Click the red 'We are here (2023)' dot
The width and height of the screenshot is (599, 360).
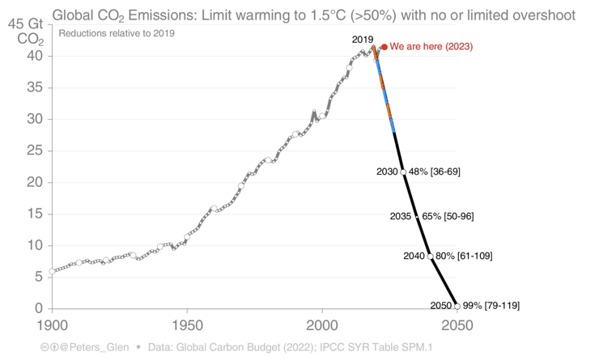tap(384, 47)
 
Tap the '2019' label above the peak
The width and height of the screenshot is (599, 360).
tap(363, 39)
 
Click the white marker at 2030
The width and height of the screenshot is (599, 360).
tap(403, 172)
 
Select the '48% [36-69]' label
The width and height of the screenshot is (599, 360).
tap(435, 172)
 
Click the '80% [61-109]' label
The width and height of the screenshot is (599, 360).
tap(464, 256)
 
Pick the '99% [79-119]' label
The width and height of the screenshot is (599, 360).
tap(491, 306)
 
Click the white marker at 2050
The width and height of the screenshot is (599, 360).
tap(457, 307)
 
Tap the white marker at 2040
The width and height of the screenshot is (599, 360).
tap(430, 256)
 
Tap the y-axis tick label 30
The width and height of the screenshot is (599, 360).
tap(33, 119)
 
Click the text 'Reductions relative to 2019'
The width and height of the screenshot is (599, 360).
tap(117, 33)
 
